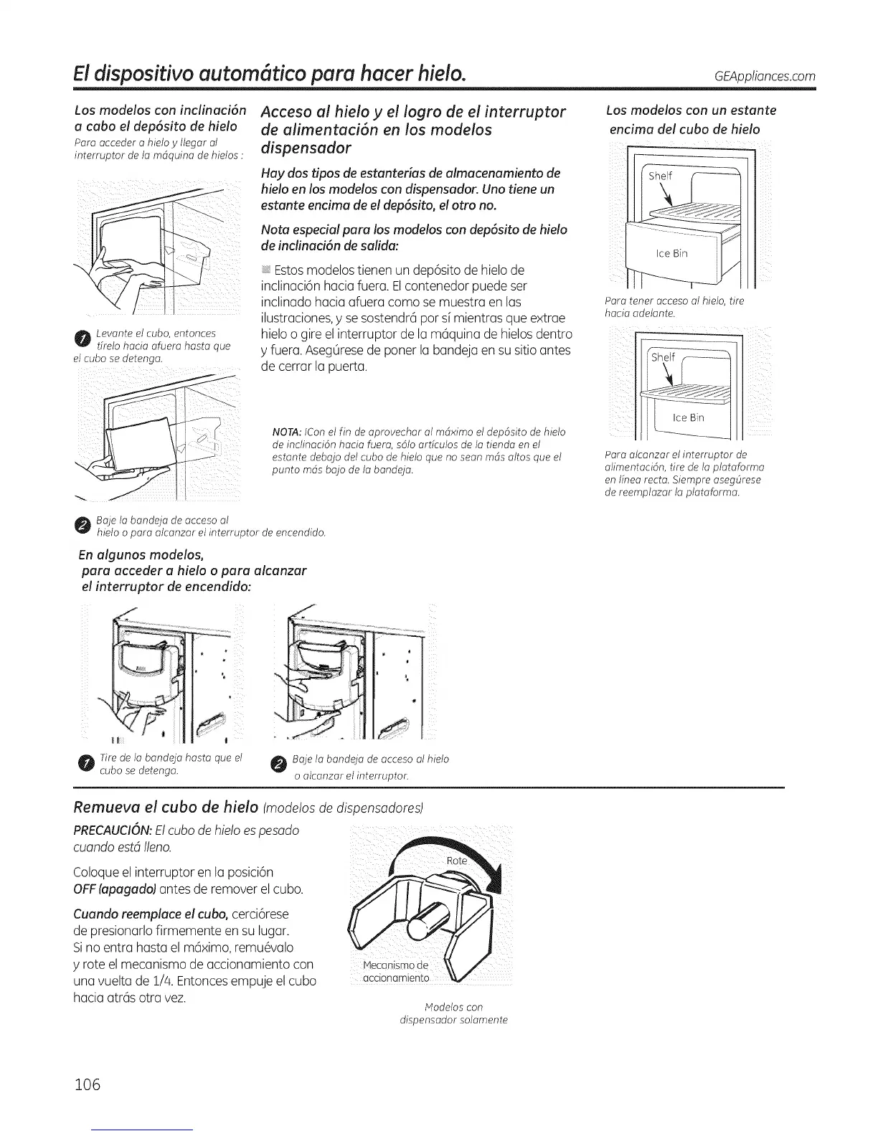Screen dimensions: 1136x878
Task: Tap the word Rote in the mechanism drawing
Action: (x=456, y=861)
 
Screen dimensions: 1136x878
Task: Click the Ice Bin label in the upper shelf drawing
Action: (x=671, y=255)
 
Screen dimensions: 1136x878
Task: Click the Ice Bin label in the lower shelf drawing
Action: (x=688, y=417)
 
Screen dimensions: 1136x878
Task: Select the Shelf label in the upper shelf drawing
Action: (x=661, y=176)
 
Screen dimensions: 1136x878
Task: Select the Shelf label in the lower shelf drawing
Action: (x=664, y=358)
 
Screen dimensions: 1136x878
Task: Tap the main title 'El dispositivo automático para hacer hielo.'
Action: (x=273, y=74)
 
